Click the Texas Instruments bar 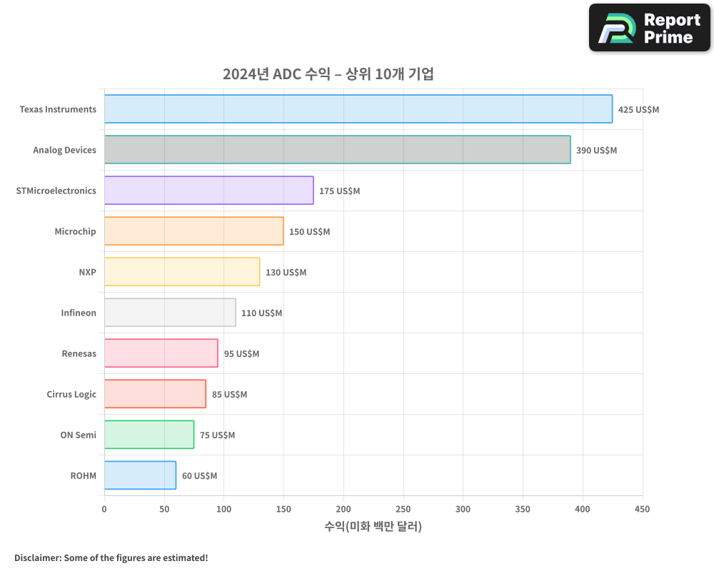(x=358, y=109)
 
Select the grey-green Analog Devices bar (x=337, y=150)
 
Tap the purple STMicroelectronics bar (x=208, y=191)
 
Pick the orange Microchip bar (x=193, y=231)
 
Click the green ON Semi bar (x=149, y=435)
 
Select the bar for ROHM (x=140, y=475)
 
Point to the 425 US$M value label (x=638, y=110)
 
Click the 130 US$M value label (x=286, y=273)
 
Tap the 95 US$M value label (x=241, y=354)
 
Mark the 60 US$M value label (x=199, y=476)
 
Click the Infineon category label (x=79, y=313)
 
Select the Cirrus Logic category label (x=71, y=394)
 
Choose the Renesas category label (x=79, y=353)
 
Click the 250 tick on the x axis (x=403, y=509)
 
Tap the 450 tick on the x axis (x=643, y=509)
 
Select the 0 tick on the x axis (x=104, y=509)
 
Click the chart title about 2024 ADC (x=328, y=74)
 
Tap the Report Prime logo (x=649, y=28)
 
